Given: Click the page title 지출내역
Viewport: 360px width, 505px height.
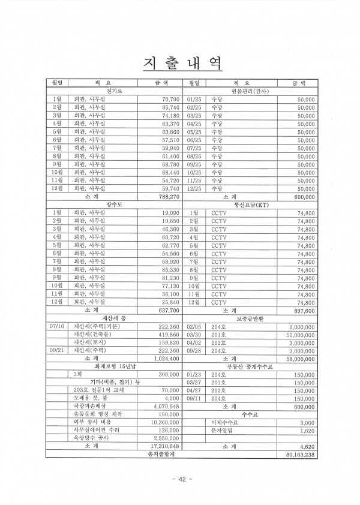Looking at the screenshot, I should point(179,61).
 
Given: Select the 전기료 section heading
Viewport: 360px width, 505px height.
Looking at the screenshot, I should point(114,91).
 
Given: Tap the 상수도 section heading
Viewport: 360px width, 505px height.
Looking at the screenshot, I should point(114,204).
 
